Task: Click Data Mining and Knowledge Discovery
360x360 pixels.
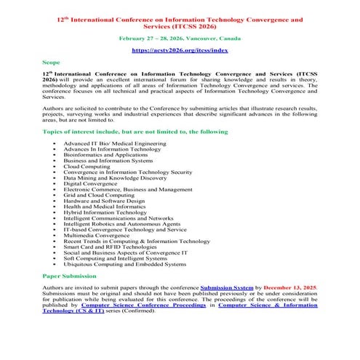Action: pyautogui.click(x=115, y=177)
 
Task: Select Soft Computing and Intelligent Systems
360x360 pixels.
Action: pyautogui.click(x=115, y=258)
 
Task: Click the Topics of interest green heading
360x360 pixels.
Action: pyautogui.click(x=135, y=132)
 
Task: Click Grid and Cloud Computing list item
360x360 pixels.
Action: pyautogui.click(x=99, y=194)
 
